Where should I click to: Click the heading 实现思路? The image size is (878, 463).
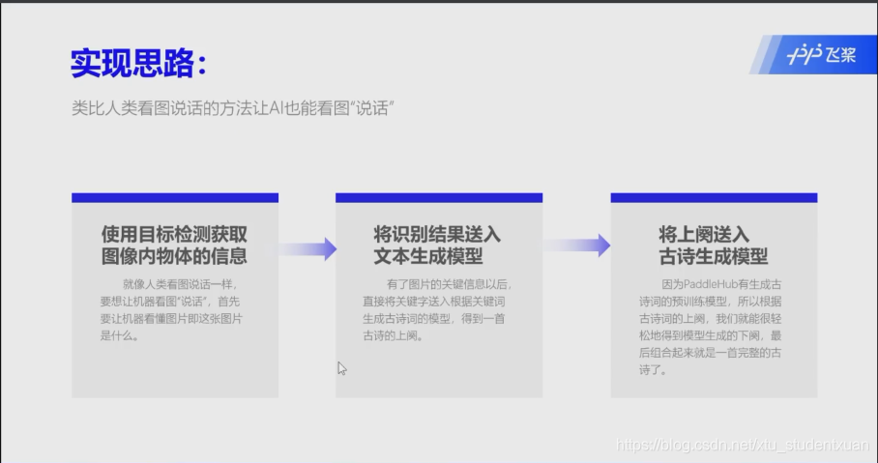(138, 63)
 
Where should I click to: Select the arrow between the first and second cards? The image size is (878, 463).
(307, 248)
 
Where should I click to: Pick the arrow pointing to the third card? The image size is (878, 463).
(576, 246)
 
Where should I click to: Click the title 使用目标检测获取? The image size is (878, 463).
(175, 235)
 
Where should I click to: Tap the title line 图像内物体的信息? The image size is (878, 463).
(175, 256)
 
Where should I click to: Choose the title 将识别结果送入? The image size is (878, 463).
(437, 235)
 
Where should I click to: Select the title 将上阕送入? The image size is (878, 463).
(704, 235)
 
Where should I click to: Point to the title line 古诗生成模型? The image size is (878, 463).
(714, 256)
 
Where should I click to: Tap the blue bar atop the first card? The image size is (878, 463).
(175, 197)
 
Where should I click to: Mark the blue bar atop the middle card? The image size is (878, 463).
(439, 197)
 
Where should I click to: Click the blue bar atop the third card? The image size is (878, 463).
(714, 197)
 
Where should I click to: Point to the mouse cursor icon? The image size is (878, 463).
(341, 367)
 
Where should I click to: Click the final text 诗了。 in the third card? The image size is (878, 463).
(651, 370)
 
